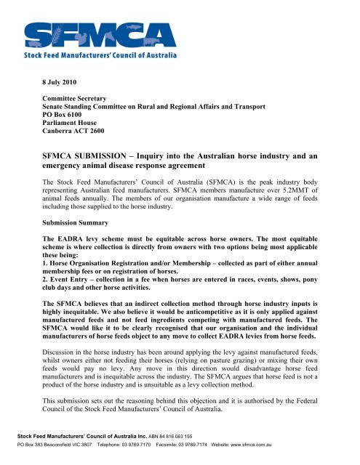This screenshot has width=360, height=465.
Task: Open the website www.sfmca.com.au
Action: (297, 454)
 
